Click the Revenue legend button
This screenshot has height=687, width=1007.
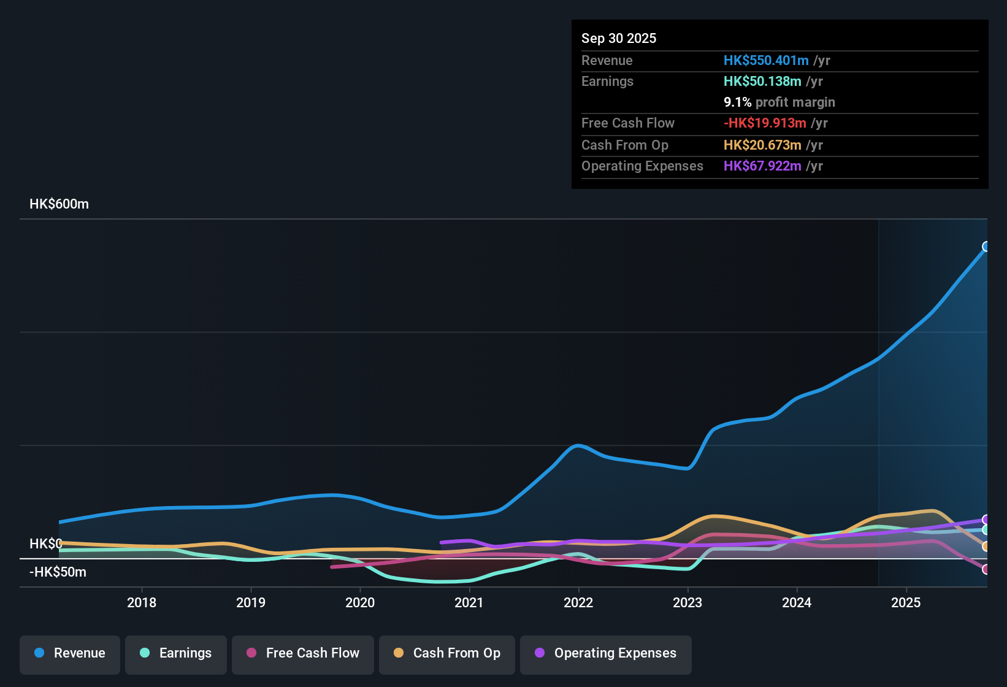pos(70,653)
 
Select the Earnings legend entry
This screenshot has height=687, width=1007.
pos(176,653)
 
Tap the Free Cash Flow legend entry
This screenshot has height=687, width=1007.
pos(303,653)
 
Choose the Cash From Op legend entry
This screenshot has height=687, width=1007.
pos(447,653)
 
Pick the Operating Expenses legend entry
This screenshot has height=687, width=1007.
pos(606,653)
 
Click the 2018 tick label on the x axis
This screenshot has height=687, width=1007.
pos(142,603)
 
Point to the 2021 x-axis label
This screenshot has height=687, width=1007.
pos(469,603)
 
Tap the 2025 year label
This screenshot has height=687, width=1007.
pos(906,603)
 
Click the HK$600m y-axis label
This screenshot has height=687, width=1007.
pos(59,204)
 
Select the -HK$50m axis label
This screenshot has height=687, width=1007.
pos(58,572)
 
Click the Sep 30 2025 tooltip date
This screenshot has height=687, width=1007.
pos(618,39)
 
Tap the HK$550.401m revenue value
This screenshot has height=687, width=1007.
pos(765,61)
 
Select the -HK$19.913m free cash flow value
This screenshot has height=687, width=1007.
pos(764,123)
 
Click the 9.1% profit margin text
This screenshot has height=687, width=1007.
pos(779,102)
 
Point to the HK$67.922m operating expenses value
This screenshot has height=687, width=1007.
pos(762,166)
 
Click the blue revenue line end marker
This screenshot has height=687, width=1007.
pos(986,247)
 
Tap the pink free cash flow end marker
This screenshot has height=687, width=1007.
pos(986,569)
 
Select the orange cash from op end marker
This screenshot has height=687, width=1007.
pos(986,546)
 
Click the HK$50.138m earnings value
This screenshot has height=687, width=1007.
pos(762,82)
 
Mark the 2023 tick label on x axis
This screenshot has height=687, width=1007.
pos(687,603)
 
